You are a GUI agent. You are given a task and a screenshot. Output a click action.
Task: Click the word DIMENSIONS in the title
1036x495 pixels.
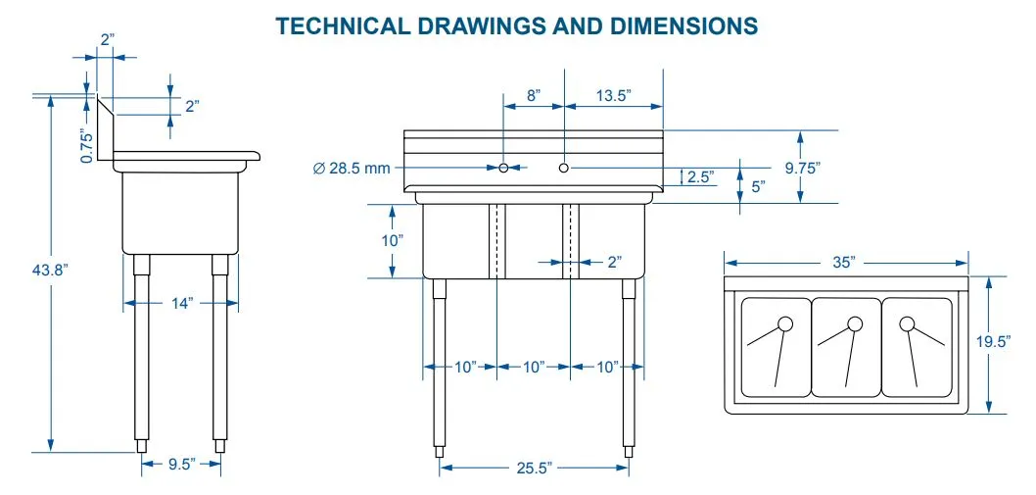coord(680,25)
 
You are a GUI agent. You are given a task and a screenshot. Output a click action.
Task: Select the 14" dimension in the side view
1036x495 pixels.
coord(180,304)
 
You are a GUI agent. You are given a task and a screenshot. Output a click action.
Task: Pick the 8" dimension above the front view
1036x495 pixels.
coord(533,95)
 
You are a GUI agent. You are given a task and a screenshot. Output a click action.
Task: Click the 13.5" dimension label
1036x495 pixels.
coord(612,95)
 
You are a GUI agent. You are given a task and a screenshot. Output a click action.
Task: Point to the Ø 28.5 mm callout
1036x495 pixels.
coord(353,169)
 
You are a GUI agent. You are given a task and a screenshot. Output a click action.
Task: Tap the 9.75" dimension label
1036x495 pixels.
coord(802,168)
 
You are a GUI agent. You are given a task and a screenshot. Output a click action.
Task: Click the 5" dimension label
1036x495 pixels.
coord(758,186)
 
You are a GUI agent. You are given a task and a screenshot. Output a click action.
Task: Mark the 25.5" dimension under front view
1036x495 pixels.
coord(534,469)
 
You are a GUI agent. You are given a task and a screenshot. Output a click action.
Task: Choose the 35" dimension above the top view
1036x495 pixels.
coord(845,262)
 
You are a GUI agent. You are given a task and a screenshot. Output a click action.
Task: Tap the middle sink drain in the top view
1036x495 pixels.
coord(855,324)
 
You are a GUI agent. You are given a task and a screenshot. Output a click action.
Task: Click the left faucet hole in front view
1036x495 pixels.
coord(503,169)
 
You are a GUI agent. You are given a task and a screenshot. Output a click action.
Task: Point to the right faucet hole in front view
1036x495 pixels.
coord(564,169)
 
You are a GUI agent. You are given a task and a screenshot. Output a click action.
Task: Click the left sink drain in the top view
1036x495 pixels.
coord(784,324)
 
